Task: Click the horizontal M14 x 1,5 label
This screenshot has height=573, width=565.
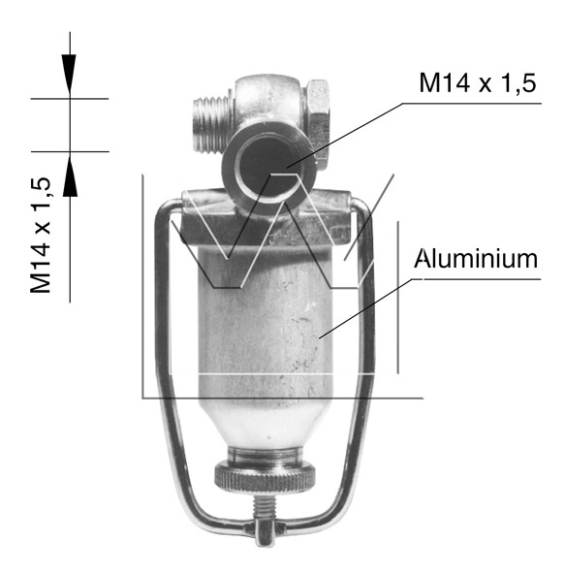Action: coord(478,83)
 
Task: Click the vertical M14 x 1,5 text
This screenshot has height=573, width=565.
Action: coord(40,235)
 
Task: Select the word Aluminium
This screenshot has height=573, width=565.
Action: coord(476,259)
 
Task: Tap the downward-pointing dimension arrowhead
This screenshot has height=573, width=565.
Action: coord(69,73)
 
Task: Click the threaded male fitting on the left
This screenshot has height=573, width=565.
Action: coord(212,125)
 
